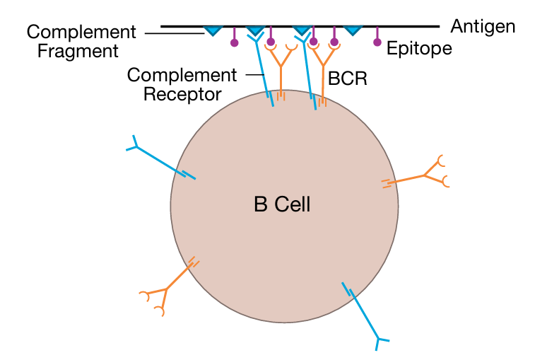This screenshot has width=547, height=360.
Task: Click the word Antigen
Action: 483,27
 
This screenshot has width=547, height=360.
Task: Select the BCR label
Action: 348,78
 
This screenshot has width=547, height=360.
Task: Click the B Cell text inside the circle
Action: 282,206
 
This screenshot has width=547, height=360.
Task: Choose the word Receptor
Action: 182,93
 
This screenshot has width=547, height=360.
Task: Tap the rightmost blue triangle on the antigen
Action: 352,31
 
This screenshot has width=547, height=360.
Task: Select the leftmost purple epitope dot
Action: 235,43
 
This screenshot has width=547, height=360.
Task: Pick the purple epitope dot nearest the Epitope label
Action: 377,42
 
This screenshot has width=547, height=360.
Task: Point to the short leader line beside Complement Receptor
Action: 250,74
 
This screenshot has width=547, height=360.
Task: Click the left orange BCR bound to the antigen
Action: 281,71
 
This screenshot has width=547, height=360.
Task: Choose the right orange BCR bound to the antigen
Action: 324,71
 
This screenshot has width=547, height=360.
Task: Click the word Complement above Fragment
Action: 81,32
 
